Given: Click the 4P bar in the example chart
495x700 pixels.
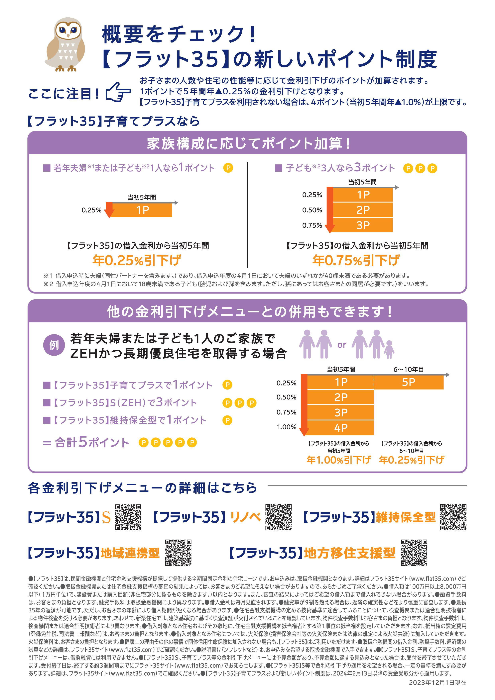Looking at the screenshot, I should tap(340, 428).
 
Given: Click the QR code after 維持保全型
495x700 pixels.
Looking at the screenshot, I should tap(453, 517).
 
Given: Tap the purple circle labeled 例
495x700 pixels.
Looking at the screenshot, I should tap(54, 345).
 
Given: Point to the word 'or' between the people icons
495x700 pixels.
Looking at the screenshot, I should tap(342, 345).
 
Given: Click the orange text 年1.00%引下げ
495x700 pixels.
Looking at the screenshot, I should tap(338, 460).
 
